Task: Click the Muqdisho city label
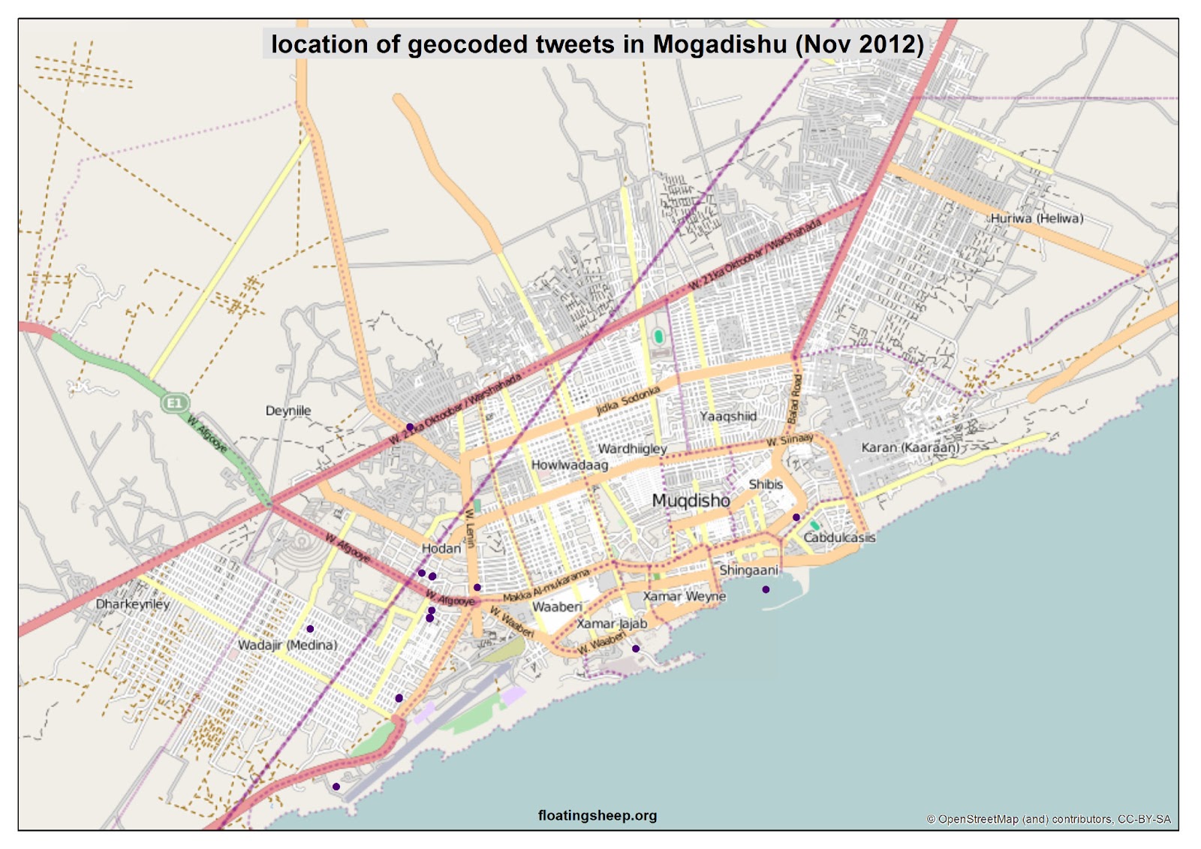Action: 691,501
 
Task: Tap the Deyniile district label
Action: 288,411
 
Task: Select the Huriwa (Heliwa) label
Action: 1037,218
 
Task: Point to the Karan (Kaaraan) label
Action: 910,447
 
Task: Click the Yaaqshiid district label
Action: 728,416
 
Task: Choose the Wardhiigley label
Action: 632,448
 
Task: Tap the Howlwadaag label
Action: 570,465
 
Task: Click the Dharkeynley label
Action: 133,604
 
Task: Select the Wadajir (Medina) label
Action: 287,645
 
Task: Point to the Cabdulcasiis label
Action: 839,537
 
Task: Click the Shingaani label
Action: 748,571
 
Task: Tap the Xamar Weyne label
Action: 684,596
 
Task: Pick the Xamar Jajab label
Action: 612,623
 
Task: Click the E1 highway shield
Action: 174,403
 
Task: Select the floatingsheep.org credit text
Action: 597,815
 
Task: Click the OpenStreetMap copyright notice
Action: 1049,819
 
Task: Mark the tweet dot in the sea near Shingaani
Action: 766,589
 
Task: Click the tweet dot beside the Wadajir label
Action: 310,629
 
